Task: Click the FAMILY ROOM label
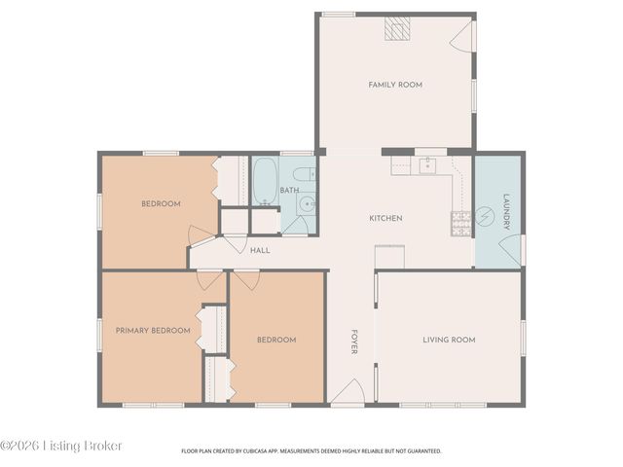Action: [x=394, y=86]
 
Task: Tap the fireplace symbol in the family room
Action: [x=397, y=29]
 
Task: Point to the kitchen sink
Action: [x=426, y=165]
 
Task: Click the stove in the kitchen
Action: [x=459, y=224]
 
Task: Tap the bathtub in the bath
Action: [x=265, y=183]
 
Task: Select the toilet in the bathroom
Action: [x=305, y=175]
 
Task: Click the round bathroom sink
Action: [x=306, y=204]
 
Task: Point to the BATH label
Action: [x=289, y=191]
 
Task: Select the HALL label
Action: [x=260, y=251]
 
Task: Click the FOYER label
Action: [x=353, y=341]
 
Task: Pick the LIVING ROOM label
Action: [x=449, y=340]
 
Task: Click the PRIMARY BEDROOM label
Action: [x=153, y=331]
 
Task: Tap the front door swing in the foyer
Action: [x=348, y=392]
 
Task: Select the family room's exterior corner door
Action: [x=463, y=37]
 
